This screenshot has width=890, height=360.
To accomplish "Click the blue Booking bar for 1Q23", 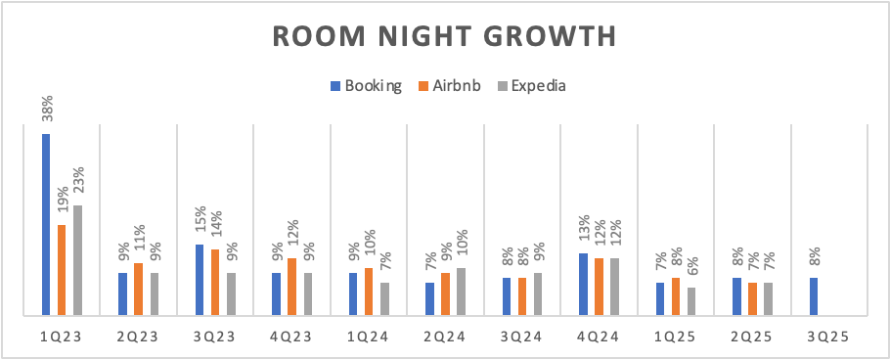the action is [x=46, y=224].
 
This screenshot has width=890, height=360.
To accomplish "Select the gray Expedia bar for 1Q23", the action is [x=78, y=260].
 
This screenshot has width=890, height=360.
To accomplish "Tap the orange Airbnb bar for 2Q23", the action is [x=139, y=289].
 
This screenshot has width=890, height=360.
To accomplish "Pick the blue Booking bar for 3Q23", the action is [x=200, y=280].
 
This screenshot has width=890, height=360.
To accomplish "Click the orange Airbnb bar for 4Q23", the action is [x=292, y=287].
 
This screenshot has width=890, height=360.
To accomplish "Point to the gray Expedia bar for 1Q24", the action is [x=384, y=298].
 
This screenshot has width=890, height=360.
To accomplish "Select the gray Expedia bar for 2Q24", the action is [x=462, y=292].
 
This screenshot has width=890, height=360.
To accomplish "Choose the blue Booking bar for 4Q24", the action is [x=584, y=284].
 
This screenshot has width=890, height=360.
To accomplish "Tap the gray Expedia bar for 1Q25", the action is [x=691, y=301].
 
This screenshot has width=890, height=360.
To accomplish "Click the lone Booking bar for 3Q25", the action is [x=814, y=296].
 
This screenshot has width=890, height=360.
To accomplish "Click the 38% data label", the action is [x=47, y=109].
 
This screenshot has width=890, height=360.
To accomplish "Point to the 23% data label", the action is [x=78, y=180].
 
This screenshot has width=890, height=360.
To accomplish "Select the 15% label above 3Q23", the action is [x=200, y=219].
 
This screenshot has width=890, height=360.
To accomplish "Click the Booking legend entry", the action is [x=366, y=86].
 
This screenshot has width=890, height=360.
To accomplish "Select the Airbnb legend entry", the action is [x=449, y=86].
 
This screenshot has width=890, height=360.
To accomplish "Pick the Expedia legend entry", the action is [x=531, y=86].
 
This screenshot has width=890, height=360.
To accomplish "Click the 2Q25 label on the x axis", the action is [x=752, y=337].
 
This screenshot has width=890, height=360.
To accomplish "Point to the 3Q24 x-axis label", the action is [x=522, y=337].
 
